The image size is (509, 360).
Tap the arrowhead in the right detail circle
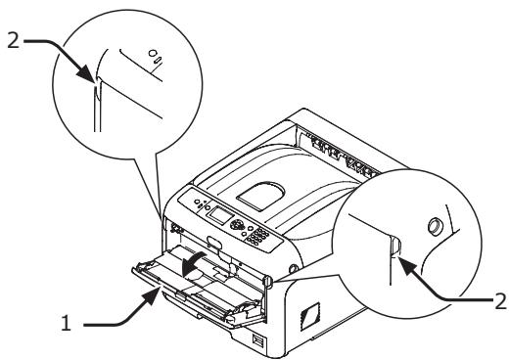tap(409, 260)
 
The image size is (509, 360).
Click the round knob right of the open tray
tap(293, 270)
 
